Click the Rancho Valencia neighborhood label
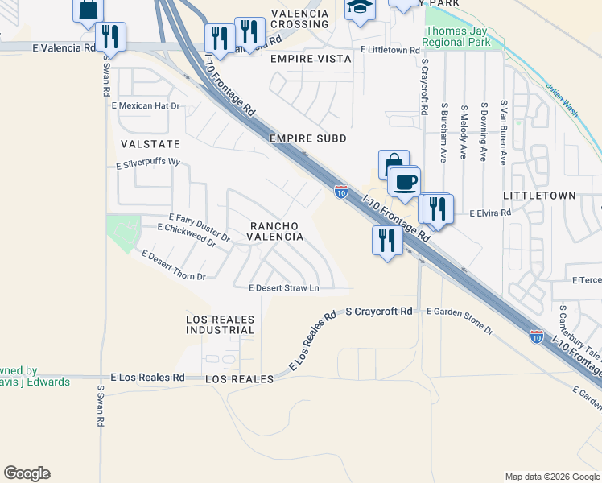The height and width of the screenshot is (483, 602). tap(275, 231)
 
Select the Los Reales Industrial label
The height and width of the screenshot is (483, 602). tap(221, 324)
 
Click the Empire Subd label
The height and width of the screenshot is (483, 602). tap(308, 138)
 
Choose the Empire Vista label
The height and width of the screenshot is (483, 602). tap(311, 59)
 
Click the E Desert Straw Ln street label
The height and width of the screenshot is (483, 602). tap(284, 287)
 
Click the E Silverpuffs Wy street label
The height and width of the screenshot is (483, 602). tap(146, 163)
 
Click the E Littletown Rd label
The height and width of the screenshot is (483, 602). tap(390, 50)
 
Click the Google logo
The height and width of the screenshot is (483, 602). tap(27, 473)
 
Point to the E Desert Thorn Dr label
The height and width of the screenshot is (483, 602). tap(173, 266)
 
